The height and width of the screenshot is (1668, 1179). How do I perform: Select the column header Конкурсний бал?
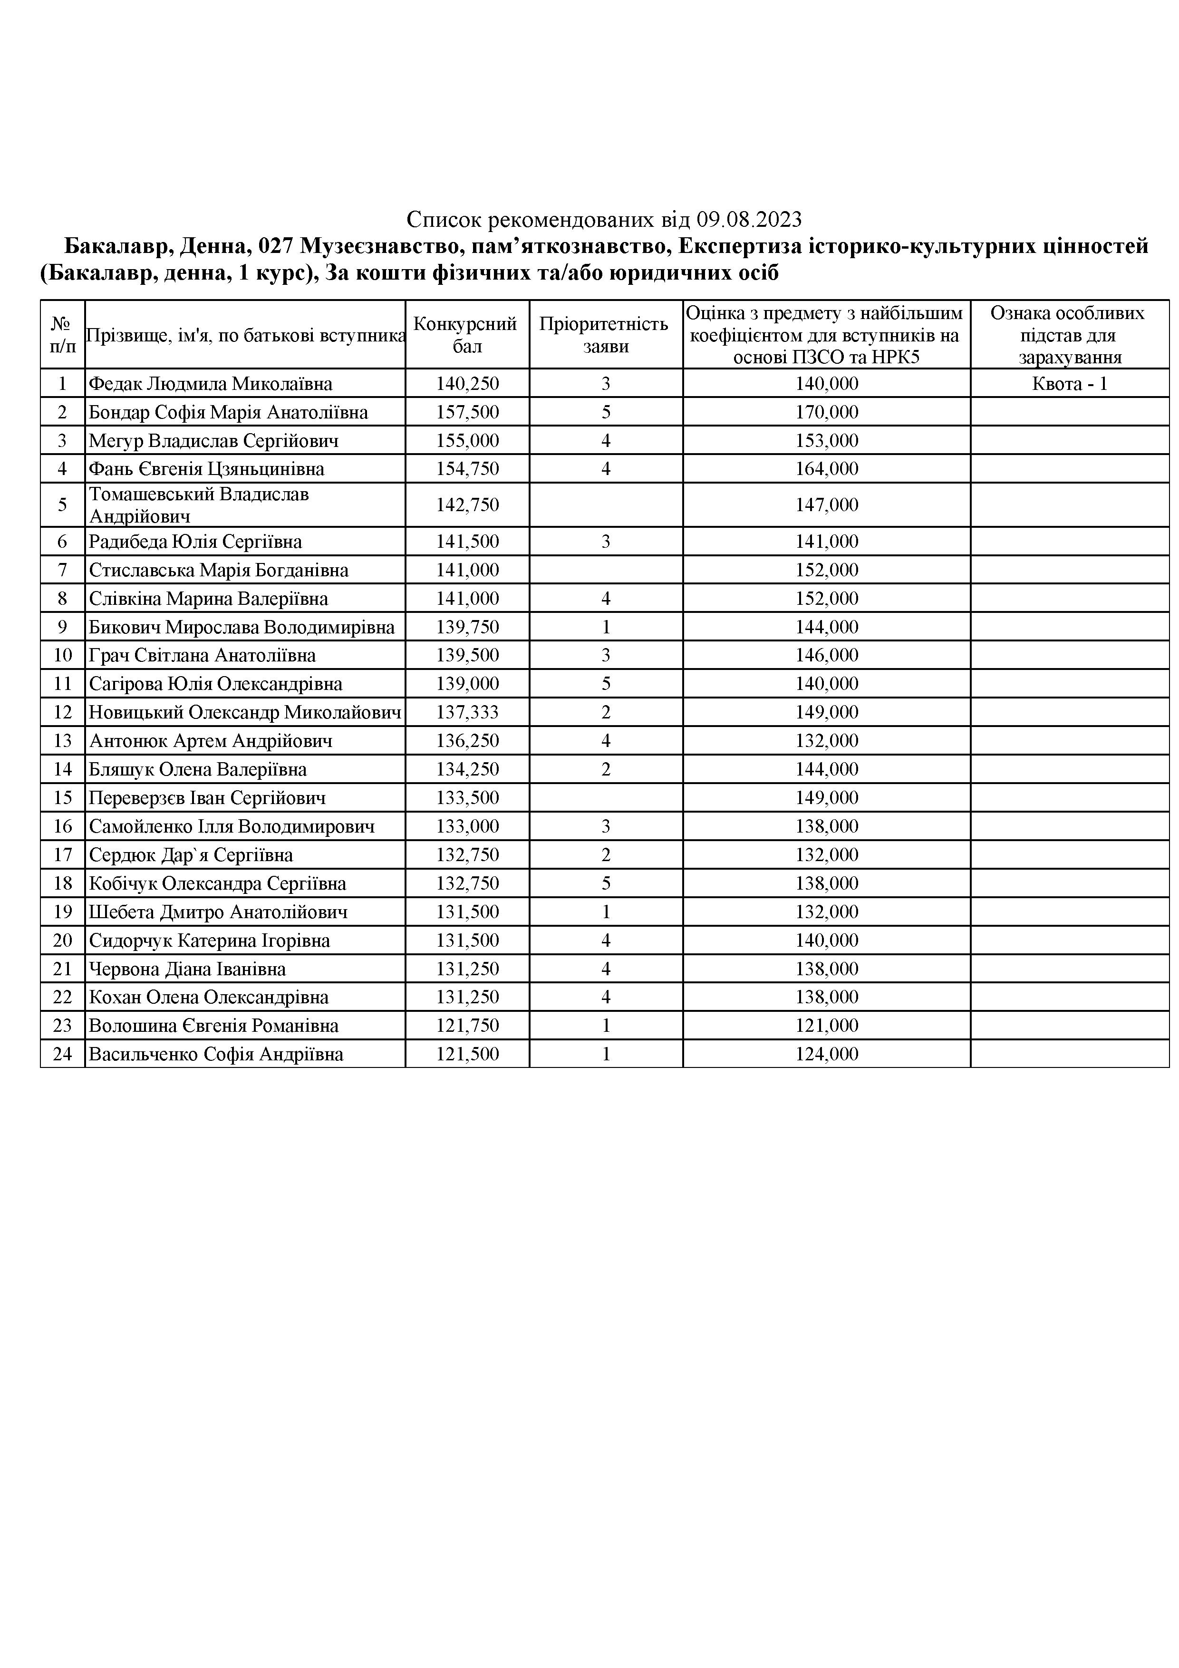coord(466,335)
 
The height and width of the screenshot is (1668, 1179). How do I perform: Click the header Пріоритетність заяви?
coord(605,335)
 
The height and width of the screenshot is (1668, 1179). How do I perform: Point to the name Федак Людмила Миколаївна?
coord(210,384)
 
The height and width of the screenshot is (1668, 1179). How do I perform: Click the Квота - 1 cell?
coord(1069,384)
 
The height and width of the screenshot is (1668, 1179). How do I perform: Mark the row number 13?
coord(62,741)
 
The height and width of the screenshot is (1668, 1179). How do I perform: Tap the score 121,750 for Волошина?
coord(467,1026)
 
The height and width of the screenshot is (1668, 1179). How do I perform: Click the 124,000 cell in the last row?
coord(827,1054)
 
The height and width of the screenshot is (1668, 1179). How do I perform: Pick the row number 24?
coord(62,1054)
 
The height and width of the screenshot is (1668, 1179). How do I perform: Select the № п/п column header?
coord(62,335)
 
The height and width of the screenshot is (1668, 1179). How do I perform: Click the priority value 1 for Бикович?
coord(606,627)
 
